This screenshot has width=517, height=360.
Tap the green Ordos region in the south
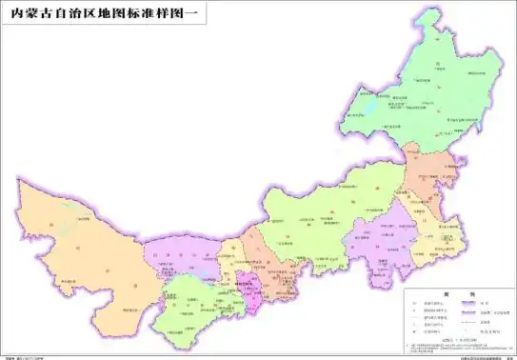coord(195,300)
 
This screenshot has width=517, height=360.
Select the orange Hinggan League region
coord(424,176)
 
